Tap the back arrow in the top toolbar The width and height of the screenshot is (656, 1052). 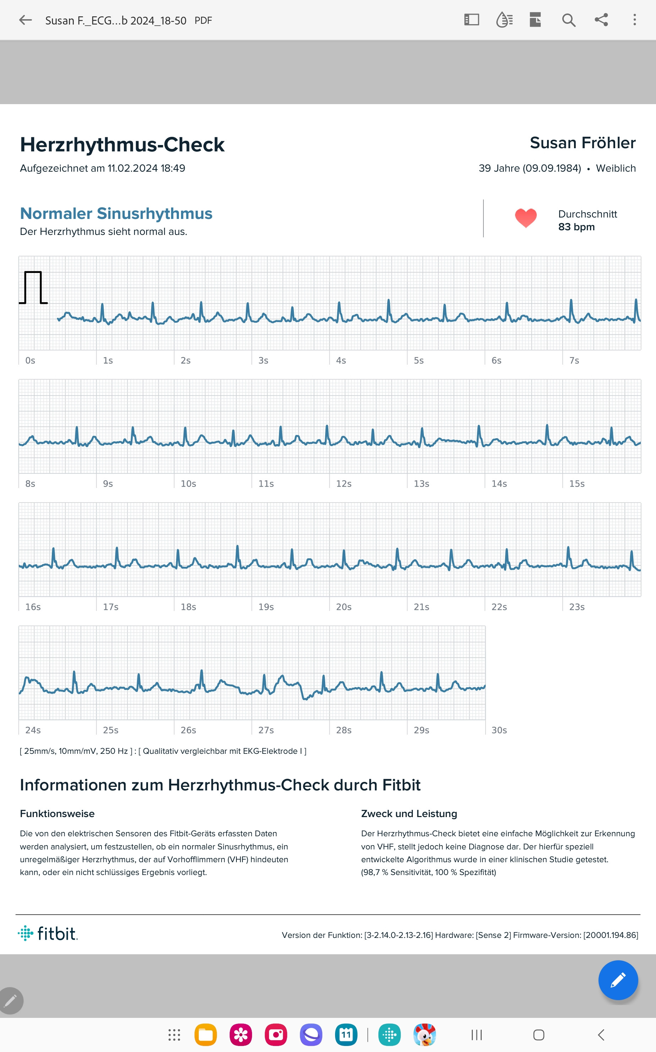click(26, 20)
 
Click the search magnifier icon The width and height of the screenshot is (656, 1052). click(568, 20)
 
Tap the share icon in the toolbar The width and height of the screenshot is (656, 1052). click(601, 20)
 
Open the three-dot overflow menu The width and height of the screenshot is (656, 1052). click(634, 20)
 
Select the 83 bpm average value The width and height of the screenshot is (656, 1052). click(576, 227)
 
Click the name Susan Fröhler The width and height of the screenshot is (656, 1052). click(582, 143)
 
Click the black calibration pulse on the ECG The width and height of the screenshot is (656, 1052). click(33, 288)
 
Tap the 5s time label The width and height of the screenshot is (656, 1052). click(419, 360)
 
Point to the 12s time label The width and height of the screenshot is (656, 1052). click(344, 484)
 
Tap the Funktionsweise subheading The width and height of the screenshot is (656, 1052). click(57, 814)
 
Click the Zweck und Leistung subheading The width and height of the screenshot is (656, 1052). click(409, 814)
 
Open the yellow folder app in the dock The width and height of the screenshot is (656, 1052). click(206, 1035)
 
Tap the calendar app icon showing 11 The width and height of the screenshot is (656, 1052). click(346, 1035)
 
